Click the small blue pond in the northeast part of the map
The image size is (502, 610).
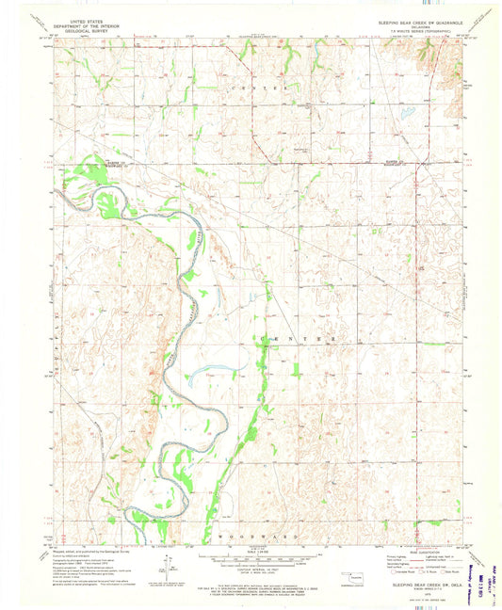coord(407,113)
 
